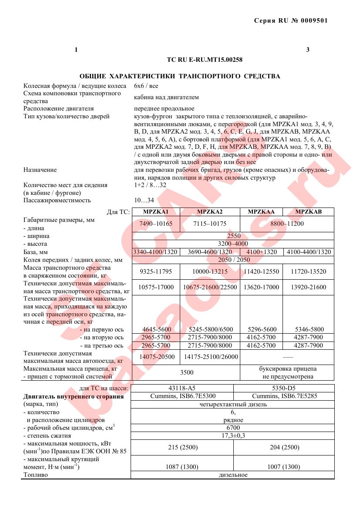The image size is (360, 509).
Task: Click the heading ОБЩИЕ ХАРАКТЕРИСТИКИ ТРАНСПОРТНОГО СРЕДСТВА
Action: [x=180, y=76]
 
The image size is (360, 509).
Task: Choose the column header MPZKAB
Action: [x=308, y=212]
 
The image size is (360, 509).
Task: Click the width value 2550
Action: [x=234, y=236]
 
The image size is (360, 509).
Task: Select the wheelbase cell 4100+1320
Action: [x=261, y=252]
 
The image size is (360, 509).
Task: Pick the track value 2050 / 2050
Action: [x=234, y=260]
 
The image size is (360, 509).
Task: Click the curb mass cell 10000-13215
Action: [x=210, y=272]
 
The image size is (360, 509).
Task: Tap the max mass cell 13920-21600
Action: [x=308, y=287]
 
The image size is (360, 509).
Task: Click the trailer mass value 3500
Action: [x=186, y=372]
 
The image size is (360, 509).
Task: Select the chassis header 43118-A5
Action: [x=182, y=388]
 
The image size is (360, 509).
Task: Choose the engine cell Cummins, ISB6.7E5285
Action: [x=283, y=396]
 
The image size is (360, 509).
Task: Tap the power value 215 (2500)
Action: [x=182, y=447]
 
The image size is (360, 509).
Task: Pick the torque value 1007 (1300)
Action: [x=283, y=467]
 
